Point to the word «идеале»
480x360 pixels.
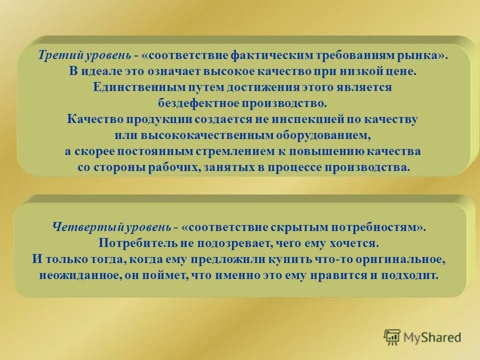100,71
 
